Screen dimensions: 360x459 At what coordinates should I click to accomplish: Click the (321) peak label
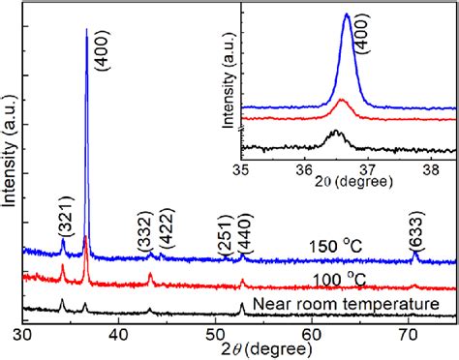63,223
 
